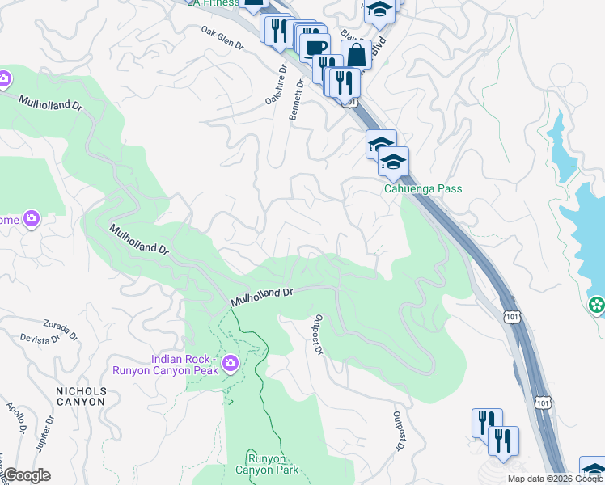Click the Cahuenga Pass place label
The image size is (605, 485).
click(x=422, y=188)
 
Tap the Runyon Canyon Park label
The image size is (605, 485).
click(x=267, y=464)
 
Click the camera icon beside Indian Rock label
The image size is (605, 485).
click(x=231, y=364)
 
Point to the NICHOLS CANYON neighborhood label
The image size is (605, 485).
click(x=80, y=396)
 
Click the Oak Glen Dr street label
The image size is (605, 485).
click(x=222, y=37)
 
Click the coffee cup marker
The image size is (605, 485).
click(x=315, y=46)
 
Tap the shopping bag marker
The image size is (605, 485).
click(x=356, y=55)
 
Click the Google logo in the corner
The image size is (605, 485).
click(x=26, y=476)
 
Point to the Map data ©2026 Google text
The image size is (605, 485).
click(x=554, y=479)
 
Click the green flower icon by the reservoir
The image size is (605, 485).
click(x=597, y=306)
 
